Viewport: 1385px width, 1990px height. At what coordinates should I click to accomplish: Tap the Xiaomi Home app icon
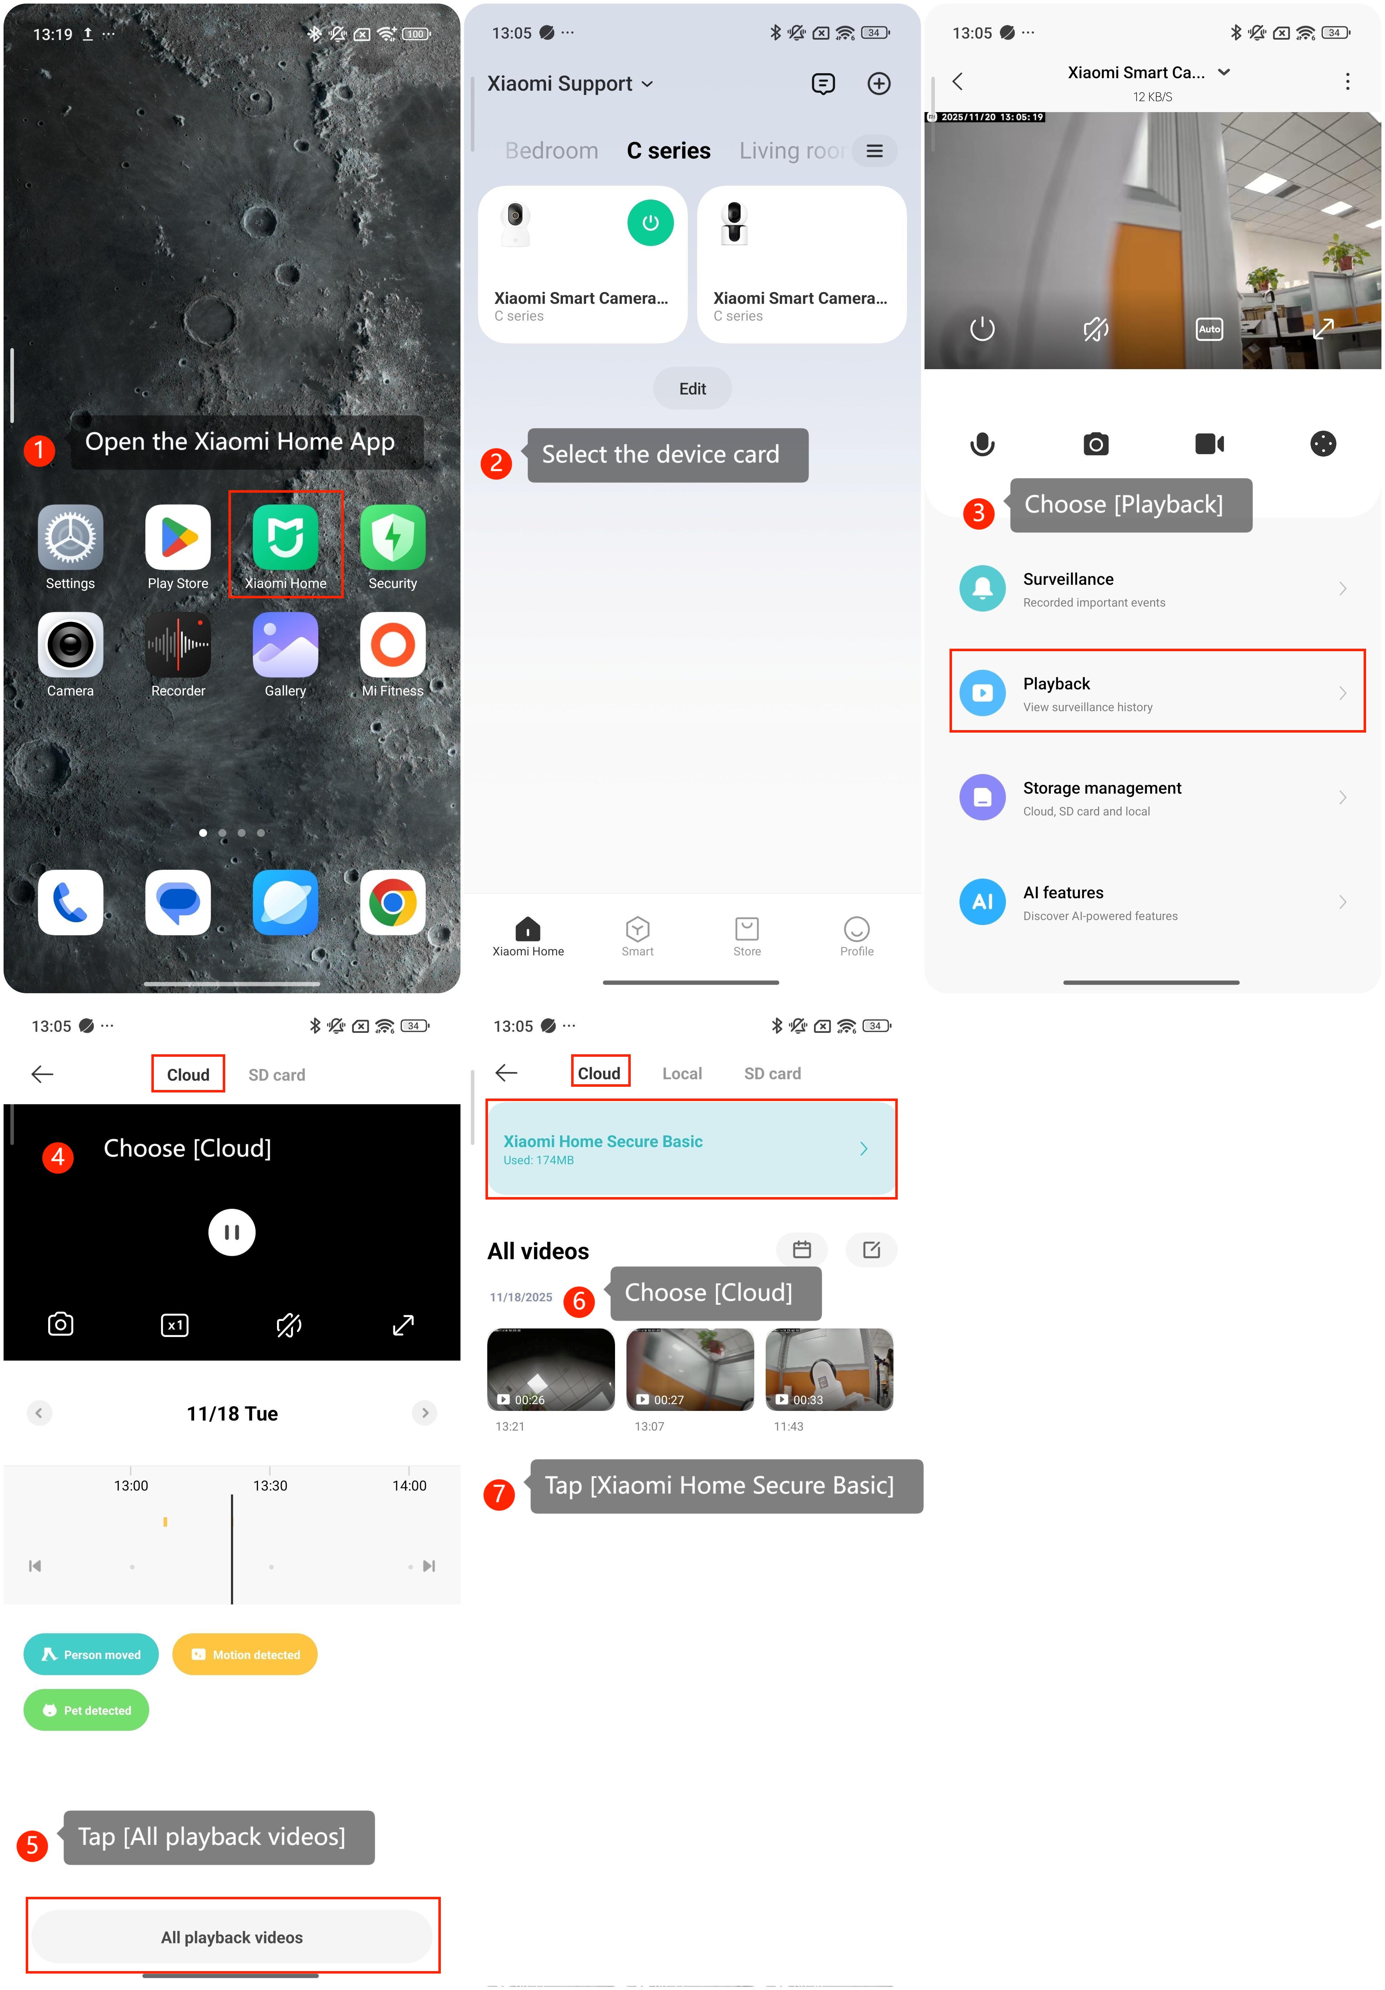[285, 537]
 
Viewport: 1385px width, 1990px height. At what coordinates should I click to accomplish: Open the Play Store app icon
[178, 537]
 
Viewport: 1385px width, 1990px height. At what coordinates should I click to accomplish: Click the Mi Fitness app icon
[393, 645]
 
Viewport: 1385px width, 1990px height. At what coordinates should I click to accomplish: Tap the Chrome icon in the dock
[393, 902]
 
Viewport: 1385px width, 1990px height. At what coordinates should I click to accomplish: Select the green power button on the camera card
[650, 223]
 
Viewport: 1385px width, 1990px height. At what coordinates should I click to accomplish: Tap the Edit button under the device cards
[692, 388]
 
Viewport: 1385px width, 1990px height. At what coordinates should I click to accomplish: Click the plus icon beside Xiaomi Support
[879, 83]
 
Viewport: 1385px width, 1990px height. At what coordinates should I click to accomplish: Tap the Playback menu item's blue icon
[982, 693]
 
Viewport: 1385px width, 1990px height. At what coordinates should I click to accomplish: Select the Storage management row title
[1102, 788]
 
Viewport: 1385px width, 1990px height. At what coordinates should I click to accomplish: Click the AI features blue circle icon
[982, 901]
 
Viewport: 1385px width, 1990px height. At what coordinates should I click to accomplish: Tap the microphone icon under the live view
[982, 444]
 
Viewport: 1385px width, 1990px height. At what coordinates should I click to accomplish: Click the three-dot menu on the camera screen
[1347, 81]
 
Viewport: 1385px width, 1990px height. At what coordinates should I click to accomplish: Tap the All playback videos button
[232, 1937]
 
